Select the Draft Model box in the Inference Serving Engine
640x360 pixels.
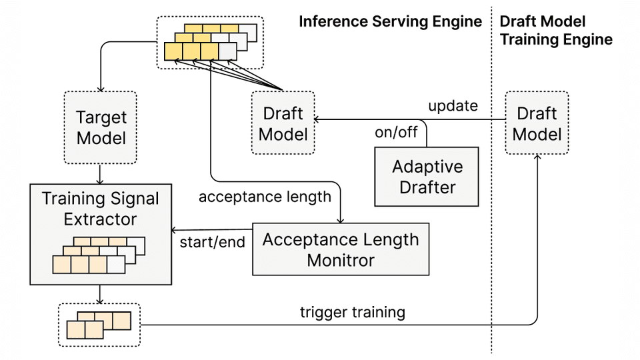pos(283,123)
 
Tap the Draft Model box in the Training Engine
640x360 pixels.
pos(537,123)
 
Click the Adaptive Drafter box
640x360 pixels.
pos(427,176)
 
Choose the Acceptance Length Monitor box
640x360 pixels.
pos(340,249)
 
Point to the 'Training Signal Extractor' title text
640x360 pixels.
pos(101,209)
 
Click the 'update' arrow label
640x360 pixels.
pos(453,106)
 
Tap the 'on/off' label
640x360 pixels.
pos(396,132)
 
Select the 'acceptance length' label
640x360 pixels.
pos(264,197)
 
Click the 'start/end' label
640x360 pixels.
pos(212,241)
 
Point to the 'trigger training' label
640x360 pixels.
pos(352,311)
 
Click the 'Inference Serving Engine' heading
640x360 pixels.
pos(390,21)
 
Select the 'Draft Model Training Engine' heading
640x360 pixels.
pos(555,30)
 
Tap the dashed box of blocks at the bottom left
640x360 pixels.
pos(100,325)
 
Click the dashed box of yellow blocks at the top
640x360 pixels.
pos(209,42)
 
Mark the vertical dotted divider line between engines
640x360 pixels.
pos(492,200)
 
